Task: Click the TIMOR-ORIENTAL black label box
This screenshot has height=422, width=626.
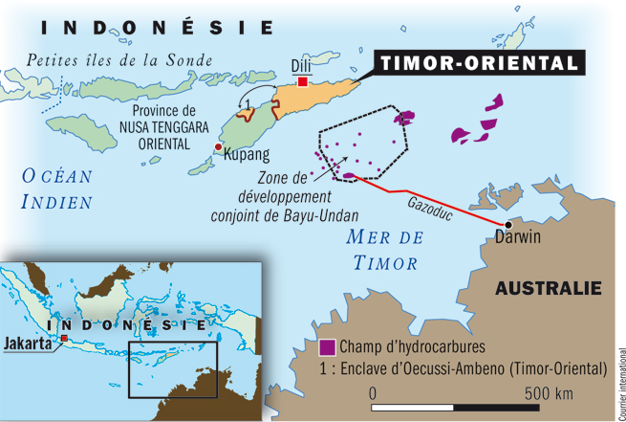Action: pyautogui.click(x=477, y=63)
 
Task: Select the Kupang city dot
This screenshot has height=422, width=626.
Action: pyautogui.click(x=219, y=147)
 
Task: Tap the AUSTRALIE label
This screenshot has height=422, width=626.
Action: pyautogui.click(x=548, y=288)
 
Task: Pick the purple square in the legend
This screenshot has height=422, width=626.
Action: pyautogui.click(x=327, y=346)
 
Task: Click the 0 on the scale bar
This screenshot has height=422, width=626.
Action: pyautogui.click(x=374, y=394)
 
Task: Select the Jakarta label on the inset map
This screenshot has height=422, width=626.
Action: pyautogui.click(x=29, y=344)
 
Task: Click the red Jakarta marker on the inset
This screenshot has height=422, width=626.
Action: pyautogui.click(x=64, y=339)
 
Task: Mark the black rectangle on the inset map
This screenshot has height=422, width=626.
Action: pyautogui.click(x=173, y=367)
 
